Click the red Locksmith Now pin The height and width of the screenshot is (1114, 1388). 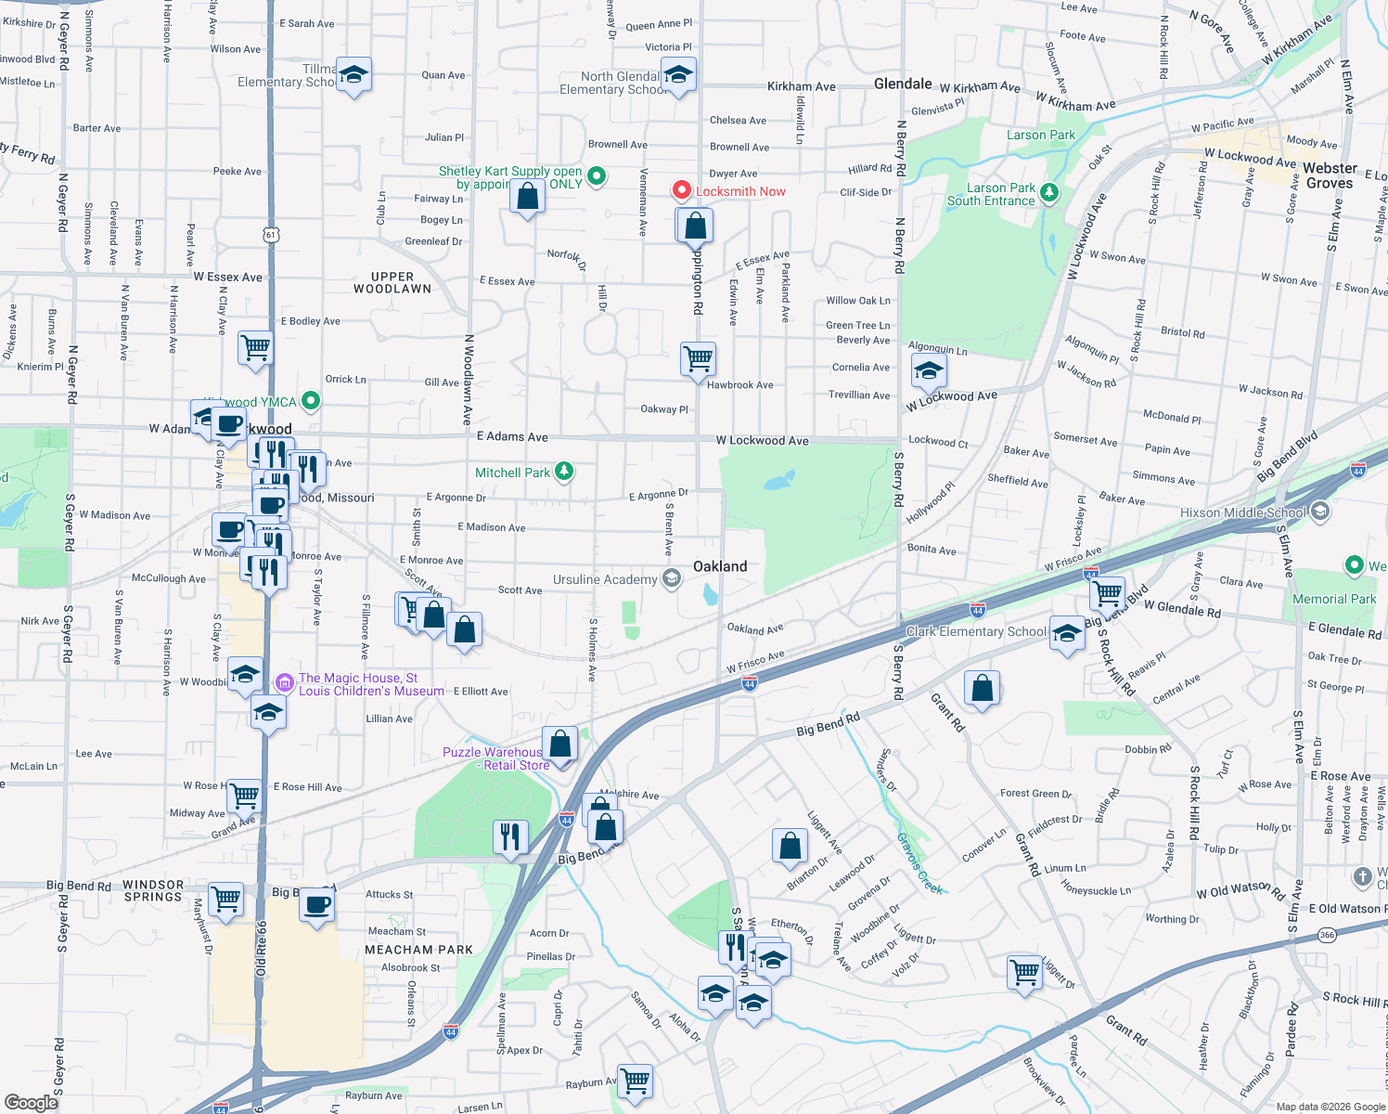pyautogui.click(x=682, y=190)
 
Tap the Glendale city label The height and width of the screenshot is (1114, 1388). pyautogui.click(x=902, y=84)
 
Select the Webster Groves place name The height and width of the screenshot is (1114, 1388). pyautogui.click(x=1330, y=175)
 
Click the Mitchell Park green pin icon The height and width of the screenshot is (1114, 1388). pyautogui.click(x=563, y=472)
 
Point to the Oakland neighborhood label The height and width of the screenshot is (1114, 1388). pyautogui.click(x=719, y=566)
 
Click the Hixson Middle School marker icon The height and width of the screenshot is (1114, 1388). pyautogui.click(x=1320, y=512)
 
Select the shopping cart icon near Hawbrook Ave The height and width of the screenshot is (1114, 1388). pyautogui.click(x=698, y=357)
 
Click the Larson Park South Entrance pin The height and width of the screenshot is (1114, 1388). pyautogui.click(x=1049, y=192)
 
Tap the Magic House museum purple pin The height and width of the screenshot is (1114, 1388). pyautogui.click(x=284, y=682)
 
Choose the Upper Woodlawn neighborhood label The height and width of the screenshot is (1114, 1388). pyautogui.click(x=392, y=282)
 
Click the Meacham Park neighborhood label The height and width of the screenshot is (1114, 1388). pyautogui.click(x=418, y=950)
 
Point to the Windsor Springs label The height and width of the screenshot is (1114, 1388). pyautogui.click(x=153, y=890)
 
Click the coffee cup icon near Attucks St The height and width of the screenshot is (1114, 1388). pyautogui.click(x=316, y=903)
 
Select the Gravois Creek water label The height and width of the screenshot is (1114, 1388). pyautogui.click(x=919, y=863)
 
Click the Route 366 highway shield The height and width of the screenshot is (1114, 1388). pyautogui.click(x=1327, y=935)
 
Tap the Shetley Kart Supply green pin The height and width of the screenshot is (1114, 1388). pyautogui.click(x=597, y=175)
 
